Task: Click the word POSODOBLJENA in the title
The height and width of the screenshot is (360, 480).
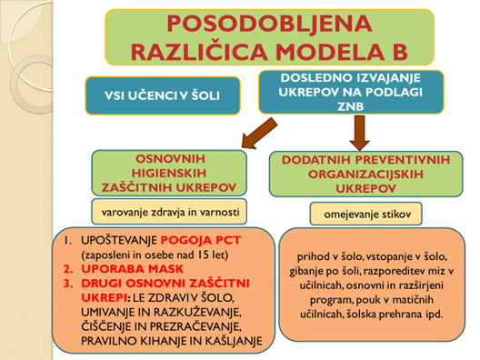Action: point(270,24)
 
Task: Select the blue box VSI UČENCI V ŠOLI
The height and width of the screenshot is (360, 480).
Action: point(163,95)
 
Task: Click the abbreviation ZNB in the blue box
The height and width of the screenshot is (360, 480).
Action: point(350,106)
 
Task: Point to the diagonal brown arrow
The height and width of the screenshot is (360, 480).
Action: point(259,134)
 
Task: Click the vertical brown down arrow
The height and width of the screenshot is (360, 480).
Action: point(360,133)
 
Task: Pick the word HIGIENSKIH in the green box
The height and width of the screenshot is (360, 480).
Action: point(169,174)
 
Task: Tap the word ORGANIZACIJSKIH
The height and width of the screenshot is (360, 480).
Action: point(365,175)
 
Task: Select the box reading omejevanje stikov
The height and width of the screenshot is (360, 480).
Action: point(366,214)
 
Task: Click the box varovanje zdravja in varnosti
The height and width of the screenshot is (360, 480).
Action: point(169,212)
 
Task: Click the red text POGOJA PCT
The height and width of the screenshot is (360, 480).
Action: point(201,240)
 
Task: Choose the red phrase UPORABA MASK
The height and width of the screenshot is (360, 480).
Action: point(132,269)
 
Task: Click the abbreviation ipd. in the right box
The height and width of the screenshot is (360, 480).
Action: point(434,315)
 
